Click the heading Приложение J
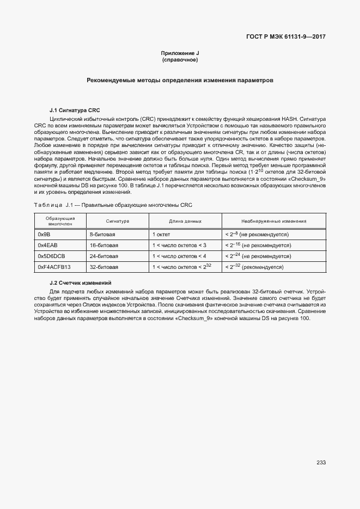point(180,53)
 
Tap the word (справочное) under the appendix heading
point(180,59)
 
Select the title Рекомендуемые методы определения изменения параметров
point(180,81)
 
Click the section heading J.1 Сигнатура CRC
point(75,110)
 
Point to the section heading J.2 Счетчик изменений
point(80,283)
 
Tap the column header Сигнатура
point(117,222)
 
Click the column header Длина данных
point(185,222)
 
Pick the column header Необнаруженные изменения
point(273,222)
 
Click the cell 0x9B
point(44,234)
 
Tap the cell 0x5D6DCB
point(51,256)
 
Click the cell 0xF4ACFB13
point(54,267)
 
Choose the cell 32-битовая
point(104,267)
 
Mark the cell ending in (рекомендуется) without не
point(254,267)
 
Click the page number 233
point(321,463)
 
